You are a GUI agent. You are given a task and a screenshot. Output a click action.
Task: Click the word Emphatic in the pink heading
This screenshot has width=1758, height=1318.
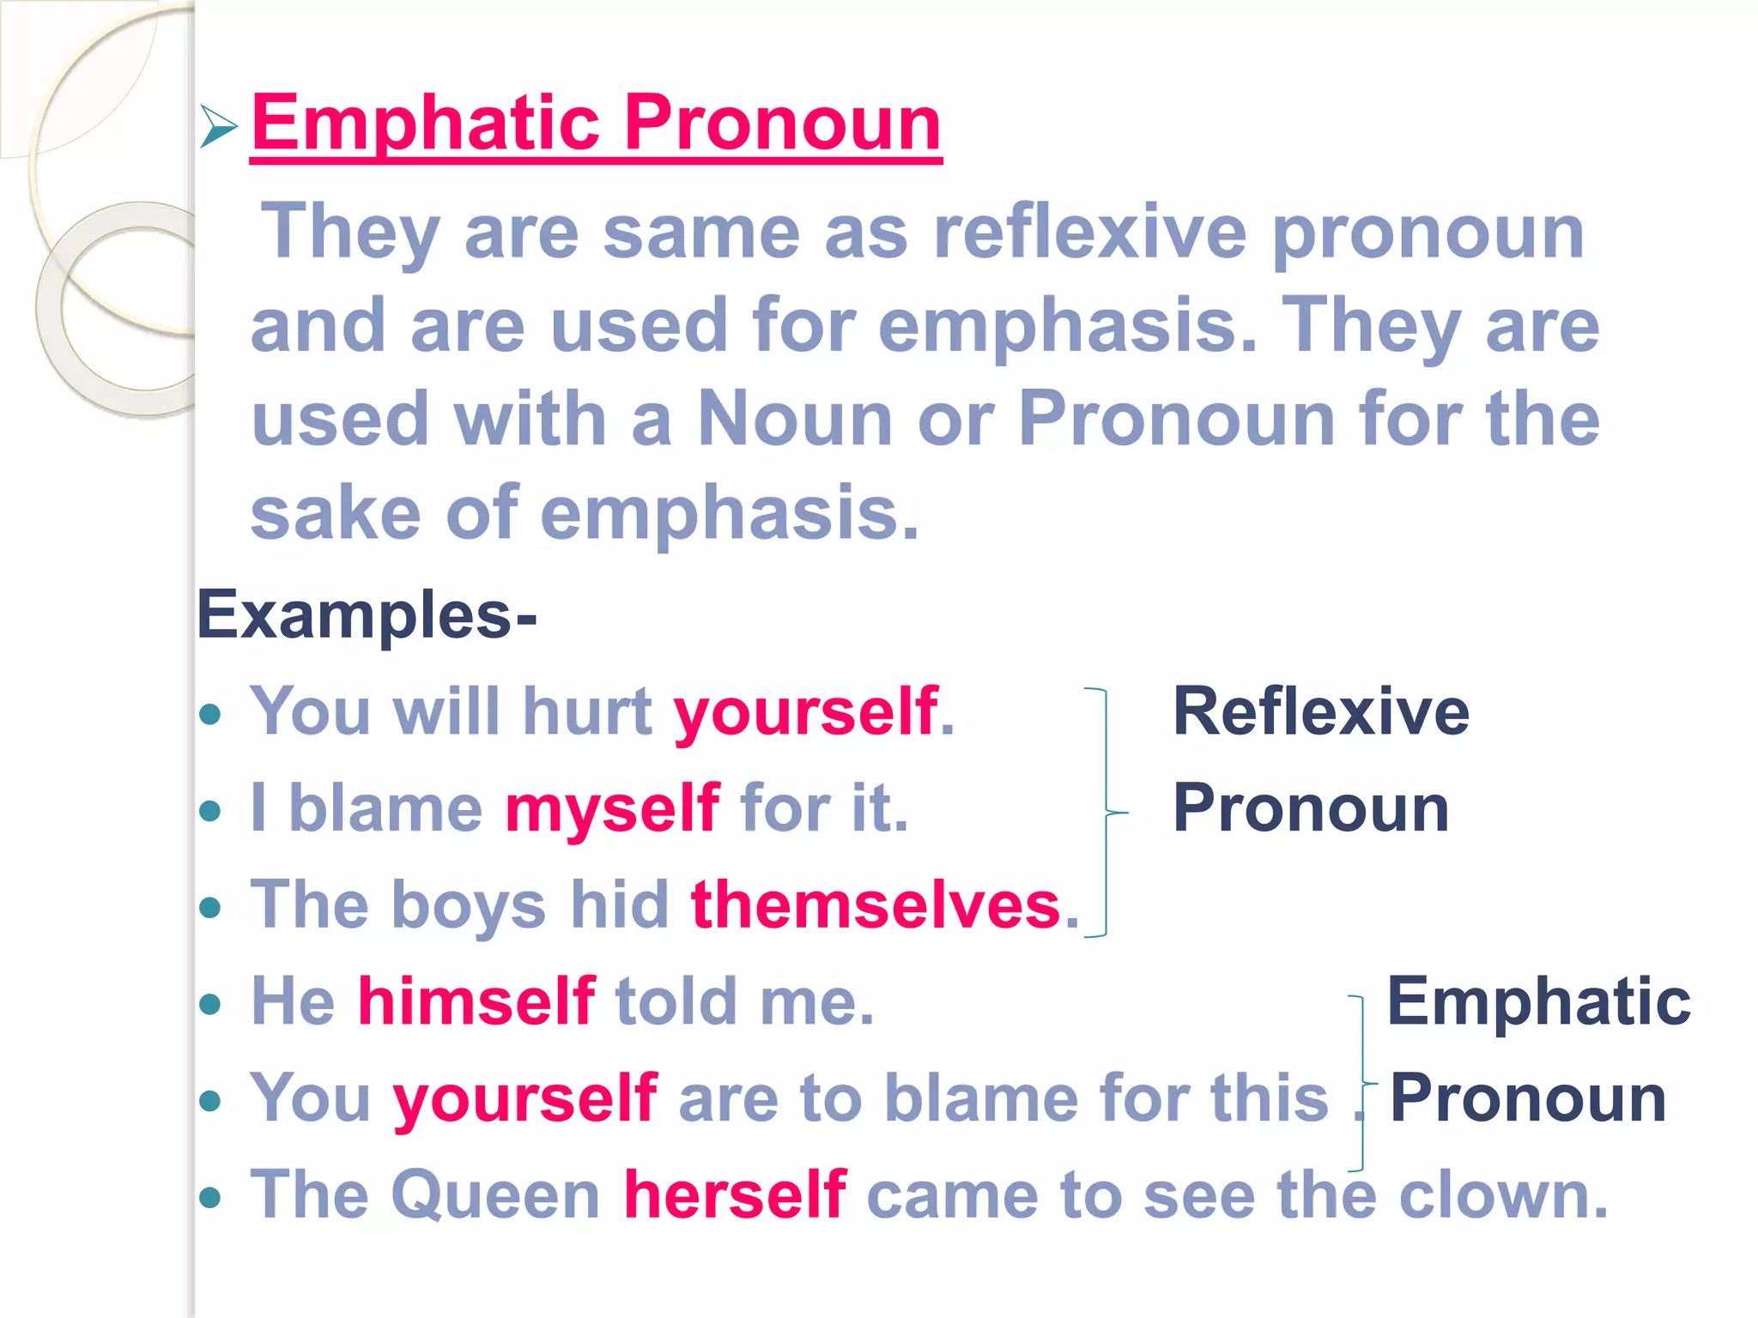coord(425,124)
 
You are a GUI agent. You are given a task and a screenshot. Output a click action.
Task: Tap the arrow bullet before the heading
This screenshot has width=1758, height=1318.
coord(218,126)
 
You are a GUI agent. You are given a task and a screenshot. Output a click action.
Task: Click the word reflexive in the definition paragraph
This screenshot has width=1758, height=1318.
coord(1089,233)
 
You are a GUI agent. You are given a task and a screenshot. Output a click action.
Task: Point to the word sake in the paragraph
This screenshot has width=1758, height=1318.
coord(336,513)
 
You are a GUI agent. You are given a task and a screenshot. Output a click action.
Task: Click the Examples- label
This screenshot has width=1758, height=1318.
coord(367,615)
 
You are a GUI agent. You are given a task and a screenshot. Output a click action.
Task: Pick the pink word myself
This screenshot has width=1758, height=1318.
coord(612,808)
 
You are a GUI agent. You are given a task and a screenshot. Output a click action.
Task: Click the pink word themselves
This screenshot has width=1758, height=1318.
coord(876,905)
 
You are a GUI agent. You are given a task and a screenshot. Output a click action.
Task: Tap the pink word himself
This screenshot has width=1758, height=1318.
coord(476,1001)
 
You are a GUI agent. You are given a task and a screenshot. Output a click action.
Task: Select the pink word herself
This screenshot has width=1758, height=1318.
coord(735,1194)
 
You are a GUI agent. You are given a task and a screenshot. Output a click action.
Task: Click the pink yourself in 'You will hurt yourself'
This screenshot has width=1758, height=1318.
coord(805,712)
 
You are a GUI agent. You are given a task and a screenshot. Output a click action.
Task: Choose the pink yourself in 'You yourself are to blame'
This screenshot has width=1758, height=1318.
coord(525,1098)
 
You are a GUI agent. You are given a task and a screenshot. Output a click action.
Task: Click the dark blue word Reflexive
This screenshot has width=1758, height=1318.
coord(1320,712)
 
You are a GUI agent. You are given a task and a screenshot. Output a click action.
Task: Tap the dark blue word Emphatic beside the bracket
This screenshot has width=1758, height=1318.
coord(1538,1001)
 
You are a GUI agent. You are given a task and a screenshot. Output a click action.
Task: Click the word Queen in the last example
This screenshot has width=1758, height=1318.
coord(495,1194)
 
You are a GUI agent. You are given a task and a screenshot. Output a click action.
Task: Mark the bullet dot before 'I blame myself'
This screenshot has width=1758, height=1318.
coord(210,811)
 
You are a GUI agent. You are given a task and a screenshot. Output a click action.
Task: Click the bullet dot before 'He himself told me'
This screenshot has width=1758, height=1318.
coord(210,1004)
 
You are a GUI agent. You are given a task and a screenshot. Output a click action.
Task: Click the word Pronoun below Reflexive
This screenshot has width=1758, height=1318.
coord(1311,808)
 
